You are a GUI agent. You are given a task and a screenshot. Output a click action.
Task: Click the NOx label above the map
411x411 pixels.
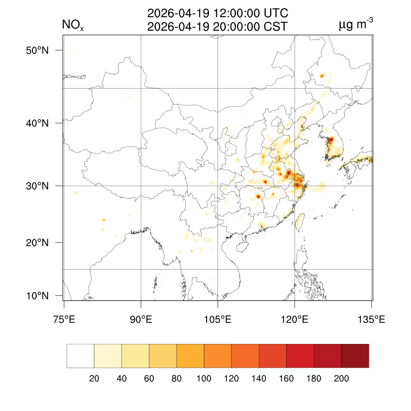tap(73, 26)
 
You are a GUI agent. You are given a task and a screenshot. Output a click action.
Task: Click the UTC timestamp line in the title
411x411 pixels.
tap(218, 13)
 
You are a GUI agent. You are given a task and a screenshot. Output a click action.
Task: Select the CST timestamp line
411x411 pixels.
tap(218, 27)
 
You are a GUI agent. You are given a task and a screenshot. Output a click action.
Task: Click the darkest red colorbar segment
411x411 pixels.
tap(355, 356)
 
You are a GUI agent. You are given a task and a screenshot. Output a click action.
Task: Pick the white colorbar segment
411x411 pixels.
tap(80, 356)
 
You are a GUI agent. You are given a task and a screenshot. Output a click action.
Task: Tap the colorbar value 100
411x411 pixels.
tap(204, 378)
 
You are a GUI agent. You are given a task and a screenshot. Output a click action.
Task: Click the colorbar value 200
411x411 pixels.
tap(341, 378)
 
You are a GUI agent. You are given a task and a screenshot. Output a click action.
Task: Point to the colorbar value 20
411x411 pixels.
tap(94, 378)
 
